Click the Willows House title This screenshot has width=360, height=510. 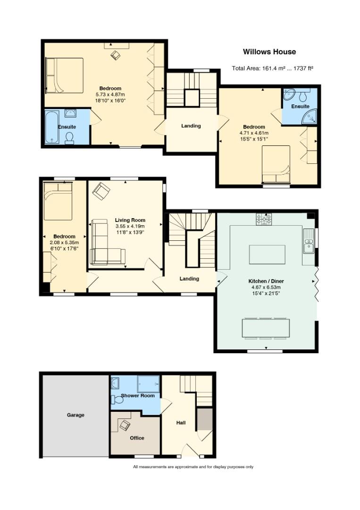coord(269,52)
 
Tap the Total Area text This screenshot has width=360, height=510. coord(272,68)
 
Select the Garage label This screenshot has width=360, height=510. coord(75,415)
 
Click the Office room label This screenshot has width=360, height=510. coord(137,438)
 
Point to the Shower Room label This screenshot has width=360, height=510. coord(137,396)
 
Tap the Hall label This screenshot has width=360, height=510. coord(181,423)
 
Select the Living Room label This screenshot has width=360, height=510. coord(130,220)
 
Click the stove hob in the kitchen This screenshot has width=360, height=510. coord(264,219)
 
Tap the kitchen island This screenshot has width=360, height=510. coord(267,255)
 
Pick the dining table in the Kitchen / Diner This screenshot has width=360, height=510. coord(266,328)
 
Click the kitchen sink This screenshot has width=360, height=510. coord(309,241)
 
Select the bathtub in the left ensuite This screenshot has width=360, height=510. coord(52,127)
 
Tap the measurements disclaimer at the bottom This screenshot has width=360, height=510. coord(193,467)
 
